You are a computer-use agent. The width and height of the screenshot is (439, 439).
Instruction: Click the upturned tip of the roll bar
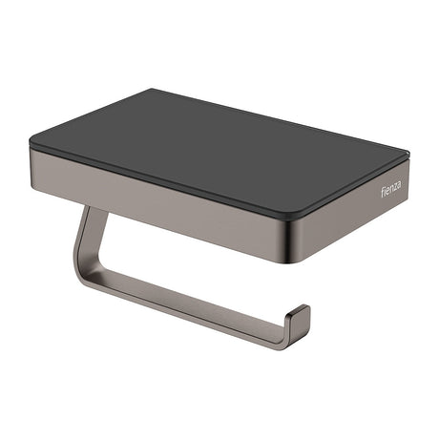[x=303, y=312]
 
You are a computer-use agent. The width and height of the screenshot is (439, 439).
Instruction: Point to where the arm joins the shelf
[x=93, y=209]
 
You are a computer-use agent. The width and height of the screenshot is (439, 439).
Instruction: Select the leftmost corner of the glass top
[x=31, y=142]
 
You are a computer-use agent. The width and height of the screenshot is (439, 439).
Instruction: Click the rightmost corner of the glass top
[x=408, y=153]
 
